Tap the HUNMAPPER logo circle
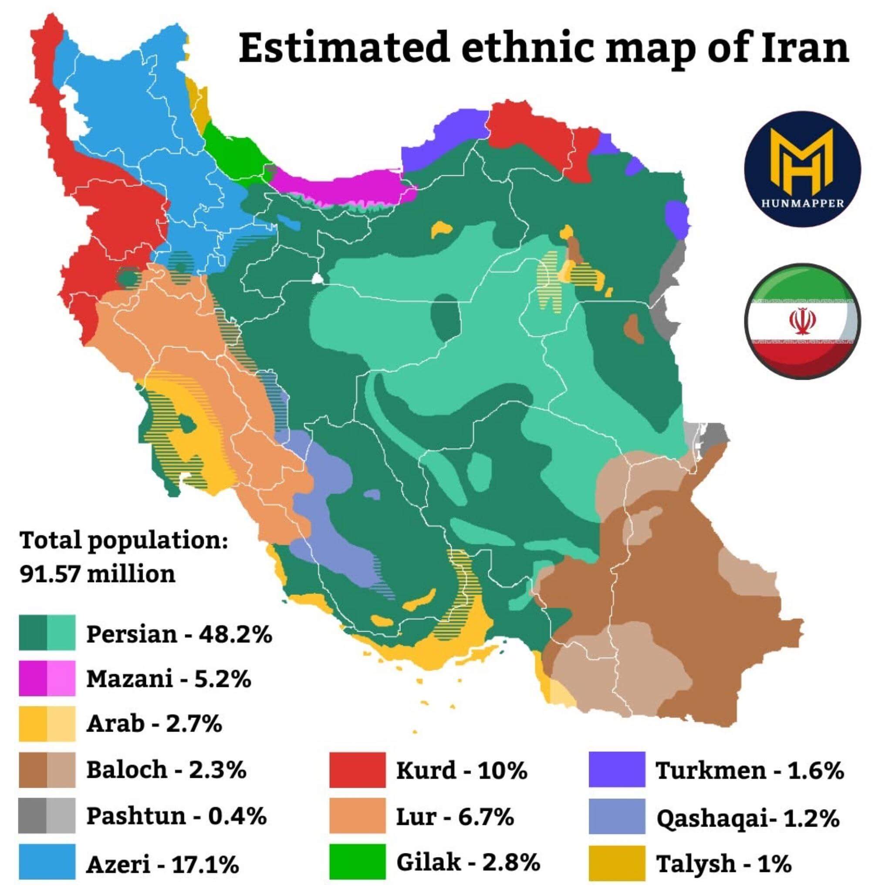(802, 169)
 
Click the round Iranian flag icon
(802, 321)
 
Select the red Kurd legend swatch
(357, 770)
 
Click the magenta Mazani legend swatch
(47, 678)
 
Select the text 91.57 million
(98, 574)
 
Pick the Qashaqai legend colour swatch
(617, 816)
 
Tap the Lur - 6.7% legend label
(455, 816)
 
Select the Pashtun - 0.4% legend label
(176, 816)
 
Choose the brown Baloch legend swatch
(47, 770)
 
